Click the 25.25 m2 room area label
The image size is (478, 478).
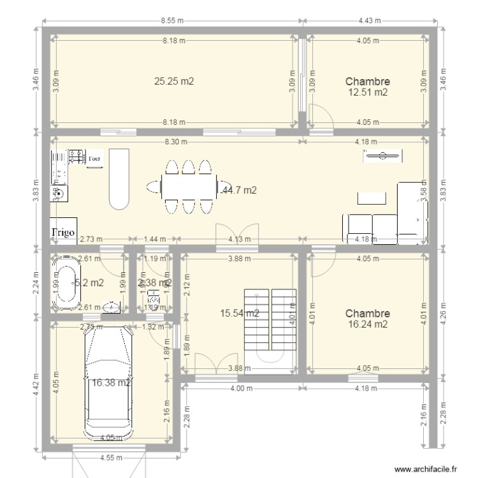174,81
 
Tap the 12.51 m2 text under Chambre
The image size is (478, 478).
367,92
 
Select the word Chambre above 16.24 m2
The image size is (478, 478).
367,314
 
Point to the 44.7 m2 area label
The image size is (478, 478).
239,190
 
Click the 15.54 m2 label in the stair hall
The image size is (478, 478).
239,313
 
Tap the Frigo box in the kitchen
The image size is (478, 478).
64,233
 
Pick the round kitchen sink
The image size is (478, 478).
59,192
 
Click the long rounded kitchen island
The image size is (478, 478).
119,180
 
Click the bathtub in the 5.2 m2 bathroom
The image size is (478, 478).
63,284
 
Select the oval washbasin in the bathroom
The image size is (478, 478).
112,307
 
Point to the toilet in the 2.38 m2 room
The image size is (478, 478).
154,298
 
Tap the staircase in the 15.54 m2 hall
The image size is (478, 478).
270,325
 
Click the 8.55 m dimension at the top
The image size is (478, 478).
172,20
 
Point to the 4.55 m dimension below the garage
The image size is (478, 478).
107,457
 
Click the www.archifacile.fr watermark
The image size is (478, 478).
426,469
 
